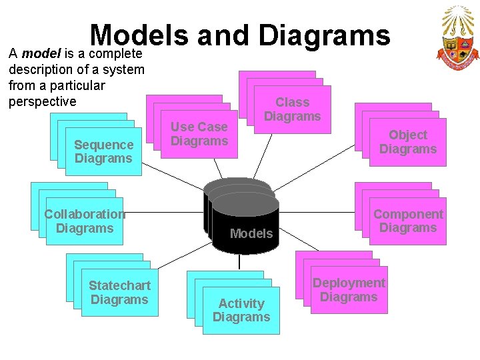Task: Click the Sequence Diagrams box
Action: point(103,151)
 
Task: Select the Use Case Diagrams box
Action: point(199,133)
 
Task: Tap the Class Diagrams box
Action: point(292,109)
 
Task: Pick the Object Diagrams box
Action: point(407,141)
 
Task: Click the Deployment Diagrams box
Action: point(349,290)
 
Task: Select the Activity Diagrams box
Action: point(241,310)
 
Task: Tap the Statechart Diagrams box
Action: point(119,292)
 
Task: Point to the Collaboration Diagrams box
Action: point(85,221)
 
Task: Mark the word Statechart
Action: point(119,285)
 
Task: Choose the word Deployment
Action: point(349,283)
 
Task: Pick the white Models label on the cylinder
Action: point(251,233)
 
